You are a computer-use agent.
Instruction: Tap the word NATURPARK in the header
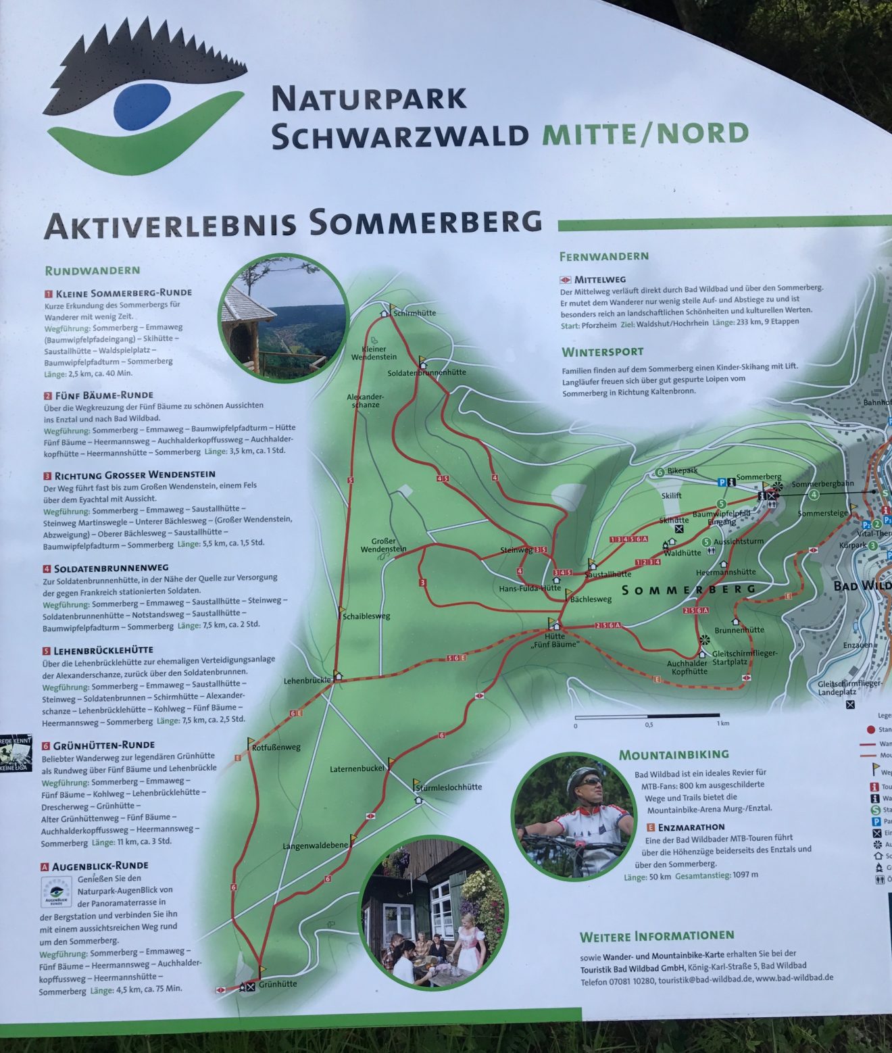[x=369, y=99]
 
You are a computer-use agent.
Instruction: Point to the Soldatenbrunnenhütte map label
[x=426, y=372]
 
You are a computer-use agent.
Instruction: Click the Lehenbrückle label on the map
[x=307, y=680]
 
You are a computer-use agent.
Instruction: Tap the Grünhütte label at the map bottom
[x=278, y=984]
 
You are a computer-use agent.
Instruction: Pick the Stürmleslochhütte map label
[x=449, y=787]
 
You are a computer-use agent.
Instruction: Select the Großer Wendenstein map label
[x=383, y=545]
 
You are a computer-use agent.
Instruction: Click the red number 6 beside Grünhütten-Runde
[x=46, y=746]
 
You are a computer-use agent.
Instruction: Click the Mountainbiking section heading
[x=674, y=754]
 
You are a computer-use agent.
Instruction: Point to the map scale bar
[x=647, y=715]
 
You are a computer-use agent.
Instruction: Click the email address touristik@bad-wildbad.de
[x=705, y=978]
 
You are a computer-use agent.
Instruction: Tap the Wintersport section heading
[x=602, y=352]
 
